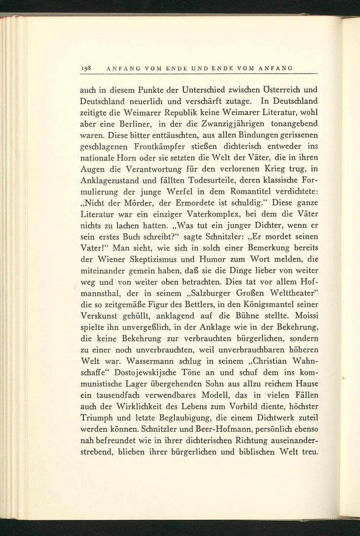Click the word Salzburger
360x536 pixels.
[204, 293]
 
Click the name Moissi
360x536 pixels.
[307, 316]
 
